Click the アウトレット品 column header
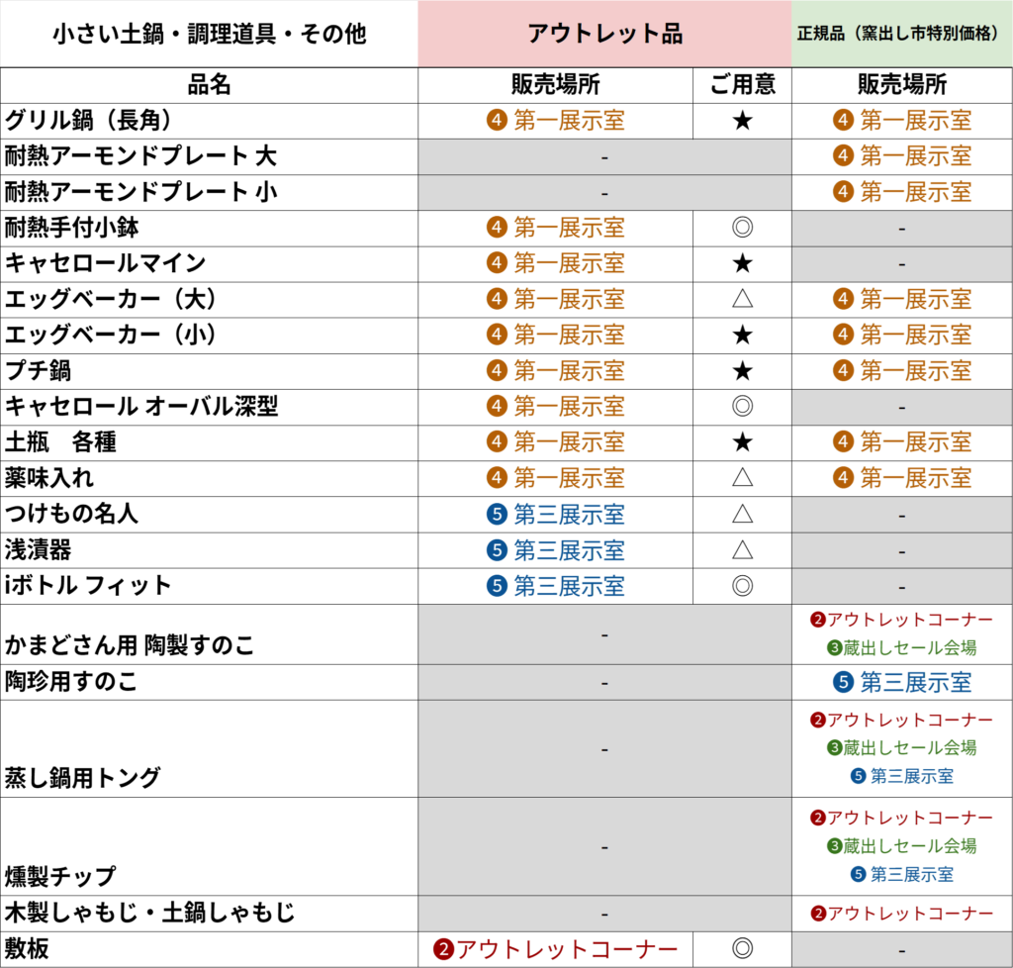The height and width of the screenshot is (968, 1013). pos(604,34)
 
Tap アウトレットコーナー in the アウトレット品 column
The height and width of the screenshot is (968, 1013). pos(567,950)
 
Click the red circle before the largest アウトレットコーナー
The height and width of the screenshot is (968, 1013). pos(443,950)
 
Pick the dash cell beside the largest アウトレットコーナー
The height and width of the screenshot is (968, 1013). pos(901,950)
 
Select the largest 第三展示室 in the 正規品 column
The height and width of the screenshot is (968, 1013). pos(915,682)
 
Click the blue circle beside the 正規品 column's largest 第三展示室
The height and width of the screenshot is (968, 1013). pos(843,682)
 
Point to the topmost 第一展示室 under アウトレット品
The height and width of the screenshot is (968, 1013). pos(569,121)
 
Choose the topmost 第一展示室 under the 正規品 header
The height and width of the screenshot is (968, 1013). pos(915,121)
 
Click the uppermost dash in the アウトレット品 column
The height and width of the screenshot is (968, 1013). pos(604,157)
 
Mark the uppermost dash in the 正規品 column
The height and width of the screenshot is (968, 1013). pos(901,229)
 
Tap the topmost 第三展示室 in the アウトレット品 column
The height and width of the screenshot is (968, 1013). pos(569,515)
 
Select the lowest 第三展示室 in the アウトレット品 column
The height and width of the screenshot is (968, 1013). pos(569,586)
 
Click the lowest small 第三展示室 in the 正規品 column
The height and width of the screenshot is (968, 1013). pos(912,875)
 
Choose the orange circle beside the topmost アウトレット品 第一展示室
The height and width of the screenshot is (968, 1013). pos(497,121)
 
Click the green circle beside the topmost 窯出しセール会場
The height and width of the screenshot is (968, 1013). pos(834,648)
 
